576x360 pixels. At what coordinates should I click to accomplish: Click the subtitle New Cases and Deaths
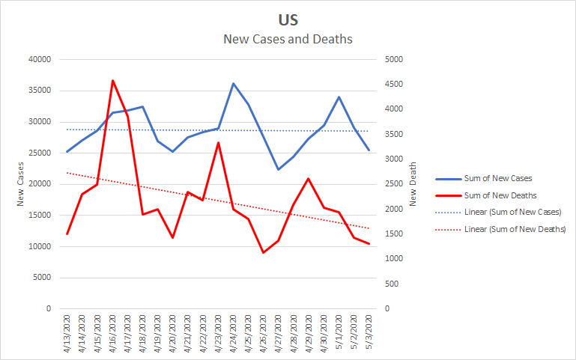pos(288,39)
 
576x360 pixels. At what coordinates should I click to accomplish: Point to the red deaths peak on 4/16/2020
pos(112,80)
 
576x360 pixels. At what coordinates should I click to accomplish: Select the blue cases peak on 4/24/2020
pos(233,84)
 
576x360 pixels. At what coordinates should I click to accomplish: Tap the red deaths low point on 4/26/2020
pos(263,252)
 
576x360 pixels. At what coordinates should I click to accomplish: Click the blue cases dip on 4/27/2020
pos(278,169)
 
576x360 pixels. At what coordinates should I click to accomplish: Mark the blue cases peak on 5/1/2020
pos(339,97)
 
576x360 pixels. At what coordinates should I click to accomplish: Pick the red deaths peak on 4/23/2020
pos(218,142)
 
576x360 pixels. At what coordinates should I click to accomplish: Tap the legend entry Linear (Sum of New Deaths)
pos(515,228)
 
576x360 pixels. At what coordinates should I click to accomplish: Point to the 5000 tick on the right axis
pos(394,60)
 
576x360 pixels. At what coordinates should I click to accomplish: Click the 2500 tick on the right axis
pos(394,184)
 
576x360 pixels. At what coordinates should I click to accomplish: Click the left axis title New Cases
pos(21,184)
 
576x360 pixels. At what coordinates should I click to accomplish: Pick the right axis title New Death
pos(413,184)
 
